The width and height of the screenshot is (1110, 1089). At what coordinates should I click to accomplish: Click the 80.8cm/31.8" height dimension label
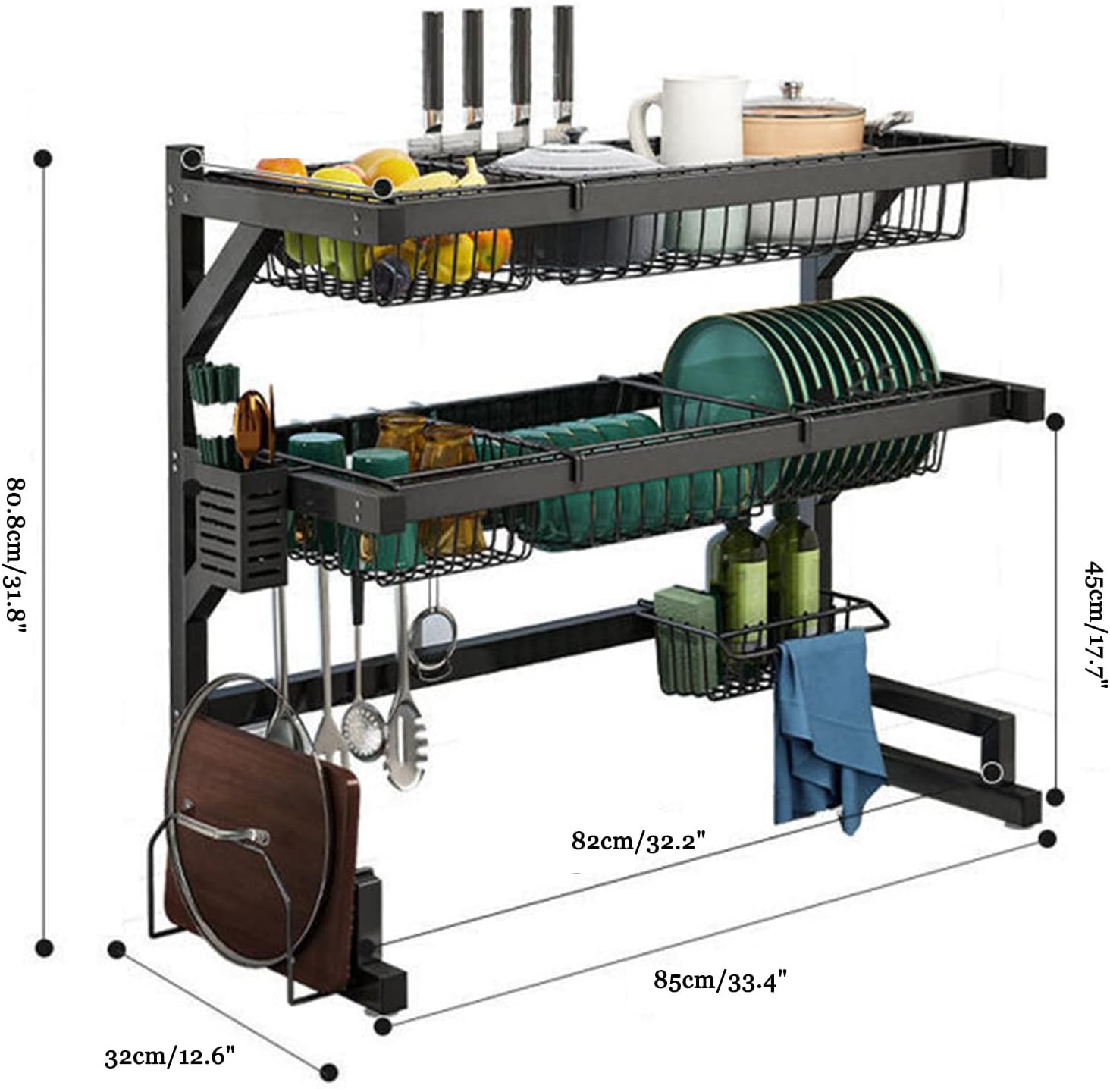point(17,557)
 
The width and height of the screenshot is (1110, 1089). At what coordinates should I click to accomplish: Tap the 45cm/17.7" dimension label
point(1095,625)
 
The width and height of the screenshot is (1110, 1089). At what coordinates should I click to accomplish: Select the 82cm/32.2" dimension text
point(638,841)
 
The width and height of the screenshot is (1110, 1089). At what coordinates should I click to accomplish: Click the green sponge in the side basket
point(684,637)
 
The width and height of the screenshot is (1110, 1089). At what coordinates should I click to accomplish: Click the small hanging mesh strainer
point(433,629)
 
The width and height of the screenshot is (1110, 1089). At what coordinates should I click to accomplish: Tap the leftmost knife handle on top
point(434,61)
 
